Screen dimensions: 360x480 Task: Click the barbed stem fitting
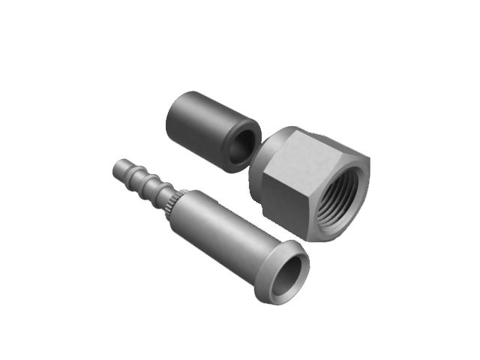(x=217, y=225)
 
